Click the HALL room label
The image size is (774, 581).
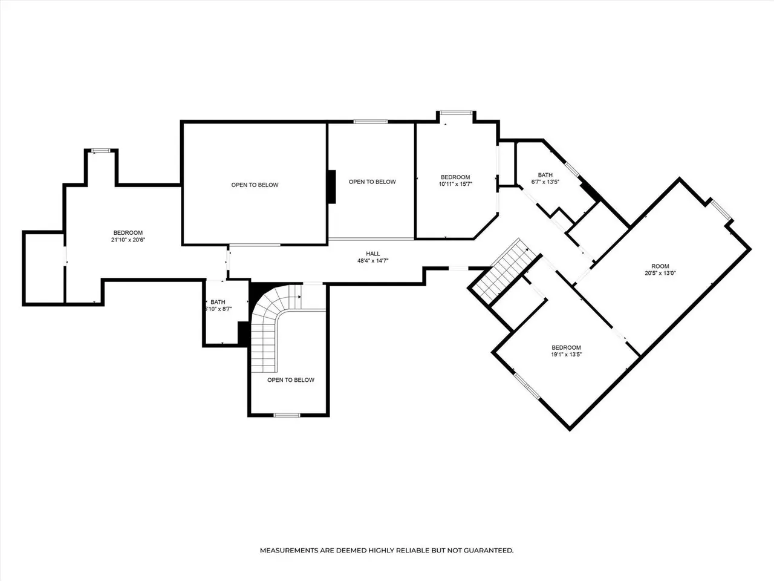point(372,254)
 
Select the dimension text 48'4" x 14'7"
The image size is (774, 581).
point(372,261)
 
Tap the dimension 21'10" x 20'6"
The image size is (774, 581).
point(128,240)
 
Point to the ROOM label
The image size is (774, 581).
point(660,266)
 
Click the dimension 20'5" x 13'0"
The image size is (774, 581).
point(660,273)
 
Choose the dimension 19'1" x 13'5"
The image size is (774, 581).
point(567,355)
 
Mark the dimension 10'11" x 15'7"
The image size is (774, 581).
point(455,184)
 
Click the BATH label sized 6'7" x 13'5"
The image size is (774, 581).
point(545,176)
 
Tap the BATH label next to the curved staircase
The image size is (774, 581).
point(218,303)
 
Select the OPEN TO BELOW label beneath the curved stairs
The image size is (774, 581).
point(291,380)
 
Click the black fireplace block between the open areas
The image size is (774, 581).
point(332,187)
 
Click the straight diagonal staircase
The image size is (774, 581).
point(506,271)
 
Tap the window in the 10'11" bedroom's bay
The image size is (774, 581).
point(456,113)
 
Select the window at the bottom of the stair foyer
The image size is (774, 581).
point(287,415)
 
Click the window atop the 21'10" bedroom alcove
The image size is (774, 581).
point(101,151)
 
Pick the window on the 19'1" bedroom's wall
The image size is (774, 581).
point(527,386)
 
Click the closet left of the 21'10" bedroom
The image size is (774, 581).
point(44,268)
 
